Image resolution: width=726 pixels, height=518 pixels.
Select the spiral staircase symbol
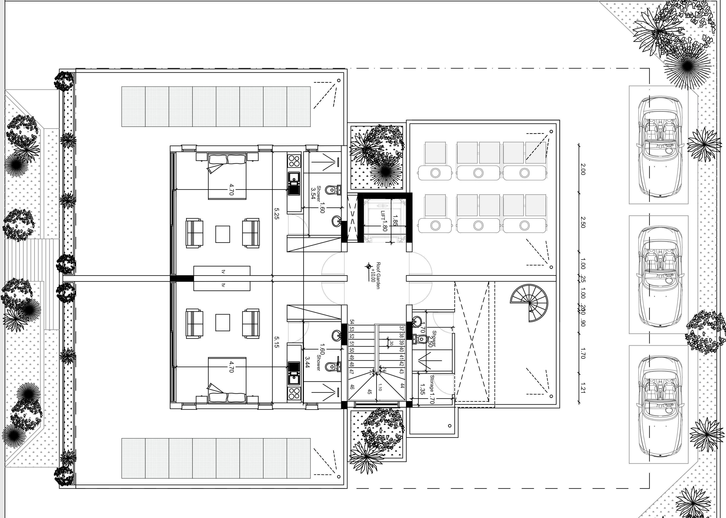[529, 303]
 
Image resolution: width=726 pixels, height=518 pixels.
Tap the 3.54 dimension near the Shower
[313, 193]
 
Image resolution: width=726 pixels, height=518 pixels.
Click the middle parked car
[659, 275]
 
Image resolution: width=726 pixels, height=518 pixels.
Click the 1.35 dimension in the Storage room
[423, 389]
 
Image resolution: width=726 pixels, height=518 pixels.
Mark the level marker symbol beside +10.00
[369, 266]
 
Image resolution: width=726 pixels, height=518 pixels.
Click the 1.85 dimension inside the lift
[395, 220]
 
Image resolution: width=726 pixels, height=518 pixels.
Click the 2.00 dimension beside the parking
[583, 169]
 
